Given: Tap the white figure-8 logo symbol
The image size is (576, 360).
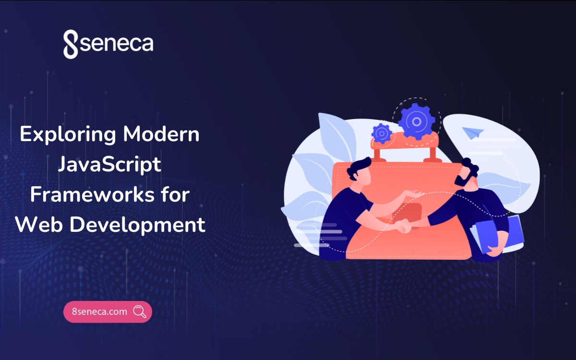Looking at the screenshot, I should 71,45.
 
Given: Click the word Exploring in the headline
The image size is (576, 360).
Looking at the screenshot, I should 67,135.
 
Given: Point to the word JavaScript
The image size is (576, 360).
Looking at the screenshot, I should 109,165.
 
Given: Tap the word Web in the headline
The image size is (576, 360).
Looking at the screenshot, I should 37,225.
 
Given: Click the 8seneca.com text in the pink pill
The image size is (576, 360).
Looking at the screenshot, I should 99,312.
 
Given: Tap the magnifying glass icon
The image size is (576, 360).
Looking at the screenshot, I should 140,312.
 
